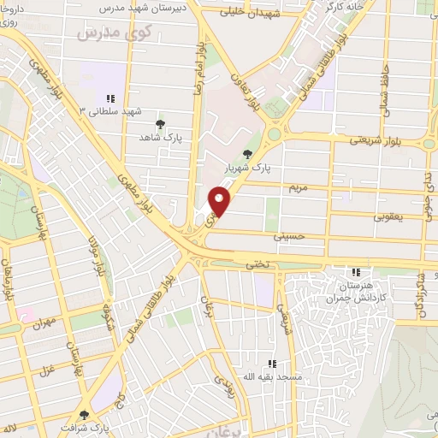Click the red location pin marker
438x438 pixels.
(220, 201)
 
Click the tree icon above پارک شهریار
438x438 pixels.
(248, 154)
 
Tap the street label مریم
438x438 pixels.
(297, 186)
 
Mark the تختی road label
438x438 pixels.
(258, 267)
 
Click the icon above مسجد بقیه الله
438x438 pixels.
(272, 363)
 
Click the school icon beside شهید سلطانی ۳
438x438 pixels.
(109, 98)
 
